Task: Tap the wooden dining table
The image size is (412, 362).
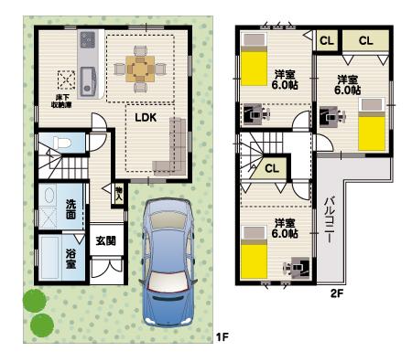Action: pos(140,67)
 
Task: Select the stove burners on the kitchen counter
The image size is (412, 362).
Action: pos(88,41)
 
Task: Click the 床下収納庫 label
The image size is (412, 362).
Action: pos(63,98)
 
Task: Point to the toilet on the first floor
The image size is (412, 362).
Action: pos(59,144)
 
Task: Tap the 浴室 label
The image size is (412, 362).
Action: pos(70,259)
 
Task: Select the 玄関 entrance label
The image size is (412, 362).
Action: pos(105,240)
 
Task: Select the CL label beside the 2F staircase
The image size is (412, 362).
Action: pos(272,168)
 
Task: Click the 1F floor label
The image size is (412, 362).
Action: pos(221,338)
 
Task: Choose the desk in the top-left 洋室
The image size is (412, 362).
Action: pos(255,114)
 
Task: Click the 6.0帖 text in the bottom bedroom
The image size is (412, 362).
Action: pos(285,234)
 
